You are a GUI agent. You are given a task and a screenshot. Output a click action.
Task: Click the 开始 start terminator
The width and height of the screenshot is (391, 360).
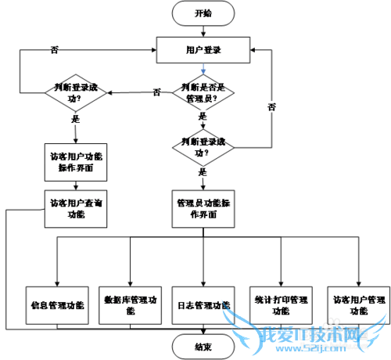click(x=203, y=13)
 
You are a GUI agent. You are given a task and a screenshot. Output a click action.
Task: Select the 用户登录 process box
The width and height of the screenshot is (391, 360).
click(x=203, y=49)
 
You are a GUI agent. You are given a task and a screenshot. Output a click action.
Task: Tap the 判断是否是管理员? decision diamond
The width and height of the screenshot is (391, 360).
click(x=203, y=93)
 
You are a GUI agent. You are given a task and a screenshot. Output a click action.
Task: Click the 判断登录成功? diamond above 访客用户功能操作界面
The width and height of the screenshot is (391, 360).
click(x=76, y=93)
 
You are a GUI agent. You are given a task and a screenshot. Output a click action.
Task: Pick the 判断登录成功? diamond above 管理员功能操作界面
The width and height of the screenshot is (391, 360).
click(x=203, y=146)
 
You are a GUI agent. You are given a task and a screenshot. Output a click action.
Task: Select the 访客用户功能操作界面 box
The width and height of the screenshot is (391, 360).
click(x=76, y=162)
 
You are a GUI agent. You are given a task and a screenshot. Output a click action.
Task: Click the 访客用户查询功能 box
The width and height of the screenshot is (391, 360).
click(x=76, y=207)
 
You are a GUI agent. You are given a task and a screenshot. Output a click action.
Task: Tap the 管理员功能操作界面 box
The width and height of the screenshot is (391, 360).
click(x=203, y=207)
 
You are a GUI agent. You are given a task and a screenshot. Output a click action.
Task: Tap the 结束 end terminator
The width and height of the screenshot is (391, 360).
click(x=203, y=344)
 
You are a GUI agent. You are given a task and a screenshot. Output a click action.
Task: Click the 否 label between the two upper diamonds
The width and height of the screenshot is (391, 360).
click(x=157, y=92)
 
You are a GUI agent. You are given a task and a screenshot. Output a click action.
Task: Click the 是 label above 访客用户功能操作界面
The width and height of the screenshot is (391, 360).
click(x=76, y=120)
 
